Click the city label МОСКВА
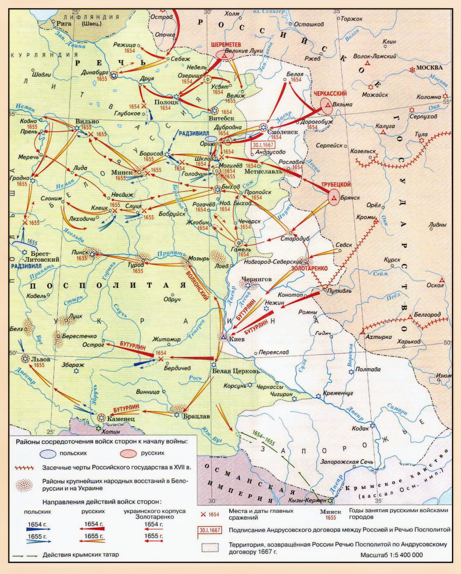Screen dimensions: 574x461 tap(430, 67)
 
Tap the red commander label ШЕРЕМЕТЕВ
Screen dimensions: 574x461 tap(226, 44)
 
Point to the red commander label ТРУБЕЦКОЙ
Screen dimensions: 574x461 tap(336, 185)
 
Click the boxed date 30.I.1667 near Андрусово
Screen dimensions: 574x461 tap(263, 145)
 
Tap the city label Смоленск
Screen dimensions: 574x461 tap(282, 132)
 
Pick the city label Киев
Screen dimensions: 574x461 tap(237, 339)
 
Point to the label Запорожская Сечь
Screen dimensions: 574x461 tap(347, 462)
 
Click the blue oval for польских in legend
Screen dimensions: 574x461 tap(48, 453)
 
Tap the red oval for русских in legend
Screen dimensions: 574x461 tap(128, 453)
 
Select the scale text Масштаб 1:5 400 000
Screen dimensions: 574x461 tap(392, 555)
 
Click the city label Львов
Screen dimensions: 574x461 tap(41, 359)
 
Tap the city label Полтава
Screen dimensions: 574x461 tap(368, 369)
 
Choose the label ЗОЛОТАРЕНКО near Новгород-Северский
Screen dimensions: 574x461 tap(309, 268)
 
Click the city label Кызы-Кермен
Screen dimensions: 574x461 tap(307, 500)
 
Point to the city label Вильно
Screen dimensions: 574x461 tap(87, 121)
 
